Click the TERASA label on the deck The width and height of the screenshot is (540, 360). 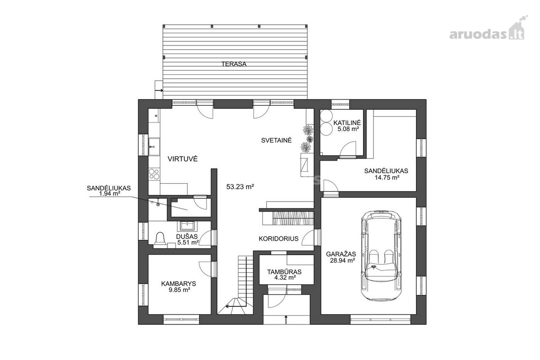(234, 64)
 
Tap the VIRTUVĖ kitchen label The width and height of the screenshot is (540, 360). (183, 159)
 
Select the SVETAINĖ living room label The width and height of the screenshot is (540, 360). (276, 140)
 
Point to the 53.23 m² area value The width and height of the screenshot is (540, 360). (240, 186)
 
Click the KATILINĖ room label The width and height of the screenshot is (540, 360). (347, 122)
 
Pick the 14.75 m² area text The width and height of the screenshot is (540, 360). (386, 178)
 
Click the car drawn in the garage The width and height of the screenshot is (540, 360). (381, 255)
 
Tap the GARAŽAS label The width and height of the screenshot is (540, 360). (341, 254)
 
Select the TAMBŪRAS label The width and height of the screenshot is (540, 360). (284, 272)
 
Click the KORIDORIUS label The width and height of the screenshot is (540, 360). (279, 238)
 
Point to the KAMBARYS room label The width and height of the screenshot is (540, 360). (178, 283)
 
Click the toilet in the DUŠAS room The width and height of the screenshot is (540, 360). (160, 238)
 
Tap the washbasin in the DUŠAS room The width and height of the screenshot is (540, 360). (187, 226)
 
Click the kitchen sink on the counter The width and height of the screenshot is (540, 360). (154, 147)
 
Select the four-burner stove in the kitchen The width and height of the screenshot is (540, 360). (154, 174)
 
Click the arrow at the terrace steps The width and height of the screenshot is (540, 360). (159, 90)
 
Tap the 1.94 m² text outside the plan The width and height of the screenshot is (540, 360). (110, 193)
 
